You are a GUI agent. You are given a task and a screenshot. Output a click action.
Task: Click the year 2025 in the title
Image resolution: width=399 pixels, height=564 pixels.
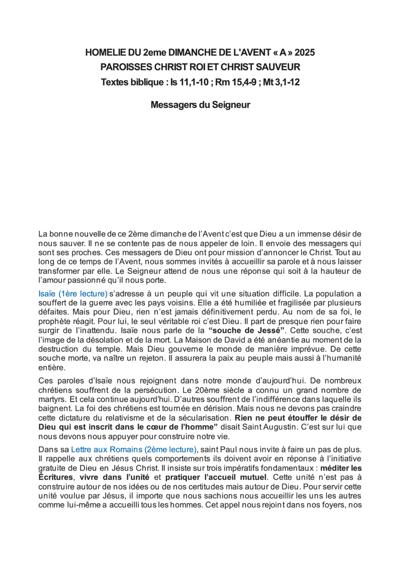(304, 53)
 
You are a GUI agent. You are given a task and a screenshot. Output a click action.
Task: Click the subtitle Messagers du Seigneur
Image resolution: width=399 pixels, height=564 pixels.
(200, 105)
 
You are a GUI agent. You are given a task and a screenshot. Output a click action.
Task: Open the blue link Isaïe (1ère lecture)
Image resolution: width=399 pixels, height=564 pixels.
(73, 294)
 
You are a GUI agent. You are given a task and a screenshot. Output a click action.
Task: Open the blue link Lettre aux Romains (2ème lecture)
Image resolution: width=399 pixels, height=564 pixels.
(134, 449)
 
